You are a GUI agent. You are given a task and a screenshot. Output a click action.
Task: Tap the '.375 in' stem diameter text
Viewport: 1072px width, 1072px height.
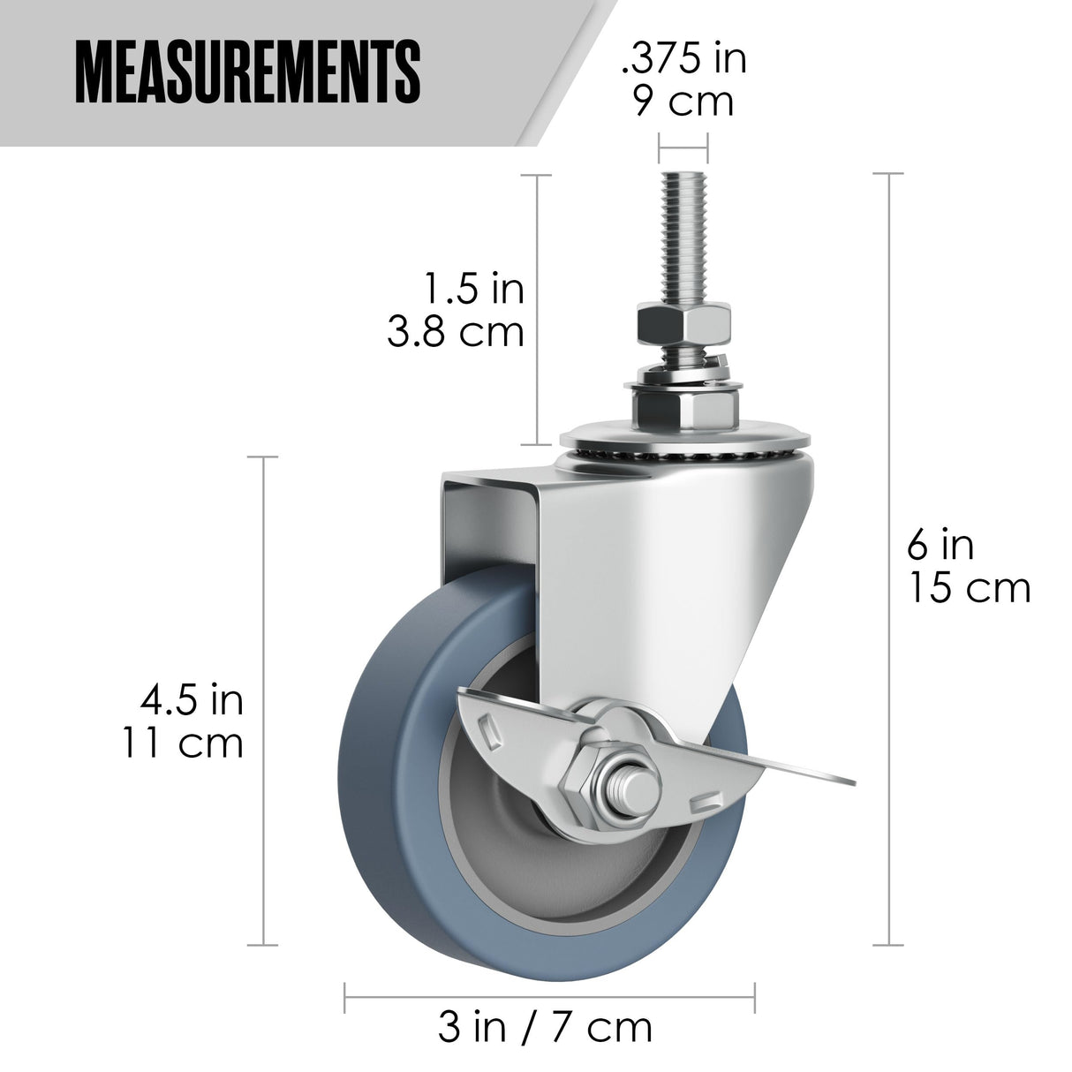684,59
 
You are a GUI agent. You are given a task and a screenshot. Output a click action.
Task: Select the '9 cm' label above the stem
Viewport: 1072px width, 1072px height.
684,102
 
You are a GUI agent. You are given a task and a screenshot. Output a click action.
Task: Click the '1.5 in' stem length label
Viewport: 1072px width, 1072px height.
474,289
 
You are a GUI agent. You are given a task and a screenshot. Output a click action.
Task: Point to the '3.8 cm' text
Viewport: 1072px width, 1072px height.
457,332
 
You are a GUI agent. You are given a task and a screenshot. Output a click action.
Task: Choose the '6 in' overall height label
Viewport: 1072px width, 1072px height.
940,545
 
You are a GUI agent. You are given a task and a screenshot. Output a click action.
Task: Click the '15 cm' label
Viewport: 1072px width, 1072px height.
970,588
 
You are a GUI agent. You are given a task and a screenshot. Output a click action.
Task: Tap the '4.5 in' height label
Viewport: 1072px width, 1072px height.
192,700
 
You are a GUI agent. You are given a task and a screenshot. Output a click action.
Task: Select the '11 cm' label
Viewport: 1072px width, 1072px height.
182,744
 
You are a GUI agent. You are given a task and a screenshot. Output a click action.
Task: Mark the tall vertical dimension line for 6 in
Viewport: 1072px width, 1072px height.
888,547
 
